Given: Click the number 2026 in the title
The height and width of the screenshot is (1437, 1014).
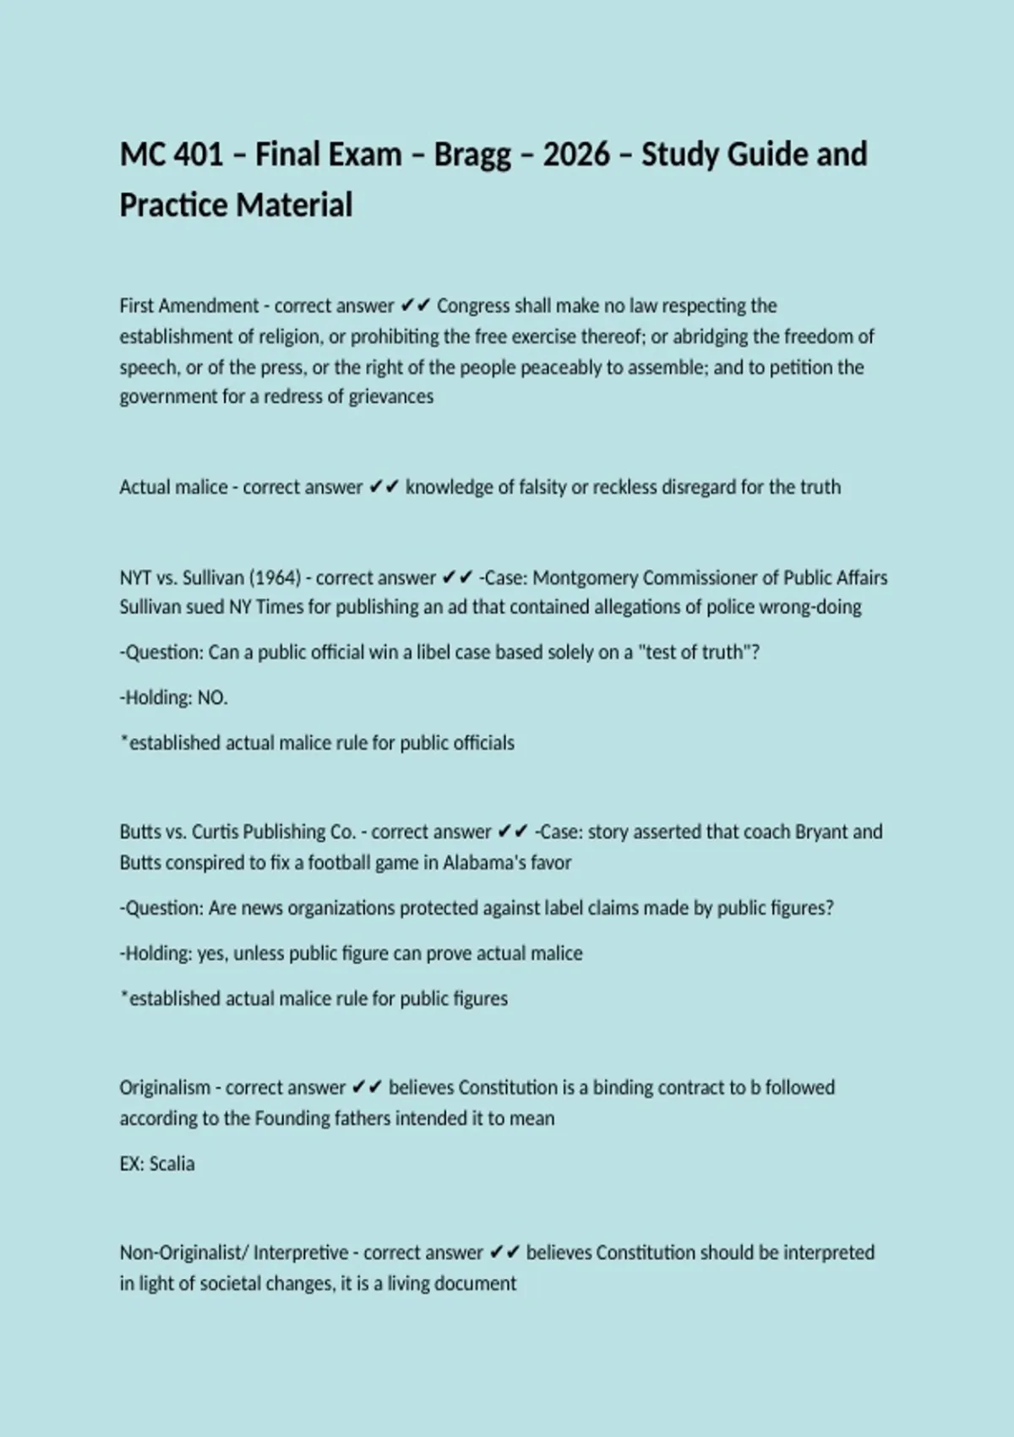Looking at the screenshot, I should [x=575, y=155].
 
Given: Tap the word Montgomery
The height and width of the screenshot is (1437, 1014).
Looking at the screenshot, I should [x=586, y=578].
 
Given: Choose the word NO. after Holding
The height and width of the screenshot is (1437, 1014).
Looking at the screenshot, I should [x=213, y=698].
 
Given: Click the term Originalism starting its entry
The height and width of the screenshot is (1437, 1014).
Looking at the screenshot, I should [x=165, y=1088].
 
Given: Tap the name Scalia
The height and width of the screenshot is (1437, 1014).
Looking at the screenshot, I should [x=172, y=1164].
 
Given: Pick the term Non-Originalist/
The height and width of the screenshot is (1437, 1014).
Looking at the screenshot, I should [x=183, y=1253].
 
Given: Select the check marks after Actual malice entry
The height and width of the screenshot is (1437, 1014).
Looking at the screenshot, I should [x=384, y=488].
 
